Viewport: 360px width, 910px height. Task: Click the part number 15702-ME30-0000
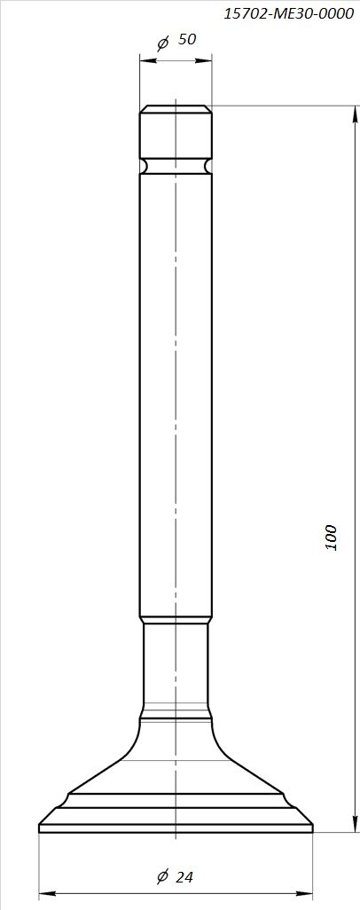288,14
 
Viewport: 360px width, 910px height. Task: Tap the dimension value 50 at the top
187,39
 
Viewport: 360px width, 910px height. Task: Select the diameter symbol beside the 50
163,43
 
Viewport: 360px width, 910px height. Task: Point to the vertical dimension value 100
331,537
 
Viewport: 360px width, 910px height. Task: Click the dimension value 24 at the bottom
184,877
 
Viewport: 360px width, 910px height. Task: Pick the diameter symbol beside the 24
162,876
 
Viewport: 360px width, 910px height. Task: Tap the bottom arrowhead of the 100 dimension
356,825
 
